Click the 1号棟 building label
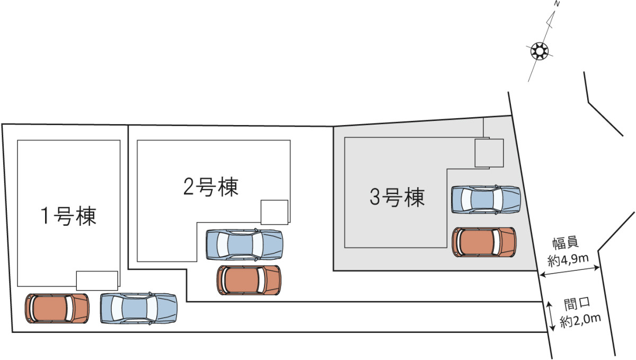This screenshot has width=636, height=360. [x=69, y=216]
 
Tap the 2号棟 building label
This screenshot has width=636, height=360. [x=211, y=187]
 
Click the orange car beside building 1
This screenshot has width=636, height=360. [x=57, y=308]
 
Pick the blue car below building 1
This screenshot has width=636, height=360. [x=138, y=308]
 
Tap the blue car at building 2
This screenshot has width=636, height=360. [x=244, y=244]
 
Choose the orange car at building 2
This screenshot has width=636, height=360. [x=249, y=280]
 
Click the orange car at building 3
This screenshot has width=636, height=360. [x=484, y=242]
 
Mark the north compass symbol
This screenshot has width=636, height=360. [x=539, y=51]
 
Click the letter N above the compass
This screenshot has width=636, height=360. [x=556, y=4]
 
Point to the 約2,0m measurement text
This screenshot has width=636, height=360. [x=581, y=320]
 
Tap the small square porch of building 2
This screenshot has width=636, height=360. [x=275, y=212]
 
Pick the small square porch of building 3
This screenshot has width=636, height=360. [x=488, y=153]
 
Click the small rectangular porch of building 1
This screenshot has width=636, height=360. [x=97, y=280]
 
